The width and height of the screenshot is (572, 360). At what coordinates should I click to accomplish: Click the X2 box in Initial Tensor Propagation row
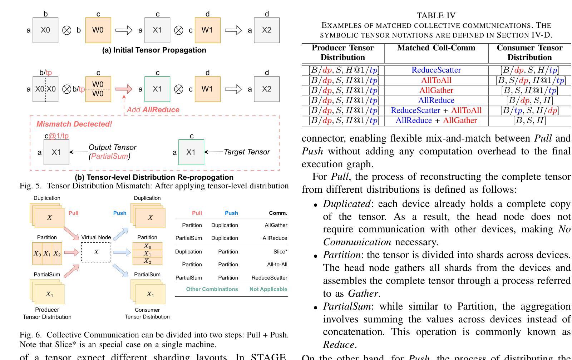pos(267,30)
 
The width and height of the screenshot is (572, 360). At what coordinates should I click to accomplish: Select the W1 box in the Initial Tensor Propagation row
pos(207,30)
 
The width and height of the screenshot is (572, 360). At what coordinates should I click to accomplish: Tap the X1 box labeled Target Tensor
pos(191,152)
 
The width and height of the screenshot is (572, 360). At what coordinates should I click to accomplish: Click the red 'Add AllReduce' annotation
pos(153,110)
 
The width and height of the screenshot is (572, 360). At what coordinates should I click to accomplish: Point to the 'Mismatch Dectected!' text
pos(74,124)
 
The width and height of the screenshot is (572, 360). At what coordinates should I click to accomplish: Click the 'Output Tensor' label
pos(112,147)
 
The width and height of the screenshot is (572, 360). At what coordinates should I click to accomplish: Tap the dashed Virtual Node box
pos(96,252)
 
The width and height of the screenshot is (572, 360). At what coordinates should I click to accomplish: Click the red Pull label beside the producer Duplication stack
pos(73,213)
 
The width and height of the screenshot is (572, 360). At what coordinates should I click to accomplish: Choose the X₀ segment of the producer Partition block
pos(37,254)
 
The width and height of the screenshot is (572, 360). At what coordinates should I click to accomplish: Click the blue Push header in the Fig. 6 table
pos(231,213)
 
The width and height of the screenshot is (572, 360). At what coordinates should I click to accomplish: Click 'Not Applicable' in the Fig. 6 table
pos(268,289)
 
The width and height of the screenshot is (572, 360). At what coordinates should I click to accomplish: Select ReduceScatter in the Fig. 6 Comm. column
pos(269,278)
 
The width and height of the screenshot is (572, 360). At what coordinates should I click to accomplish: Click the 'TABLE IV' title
pos(436,15)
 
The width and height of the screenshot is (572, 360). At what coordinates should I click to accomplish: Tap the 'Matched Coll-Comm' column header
pos(436,48)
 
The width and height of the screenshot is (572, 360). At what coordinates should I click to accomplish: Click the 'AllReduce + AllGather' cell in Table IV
pos(436,120)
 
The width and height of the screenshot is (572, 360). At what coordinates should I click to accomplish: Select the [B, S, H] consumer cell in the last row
pos(529,120)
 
